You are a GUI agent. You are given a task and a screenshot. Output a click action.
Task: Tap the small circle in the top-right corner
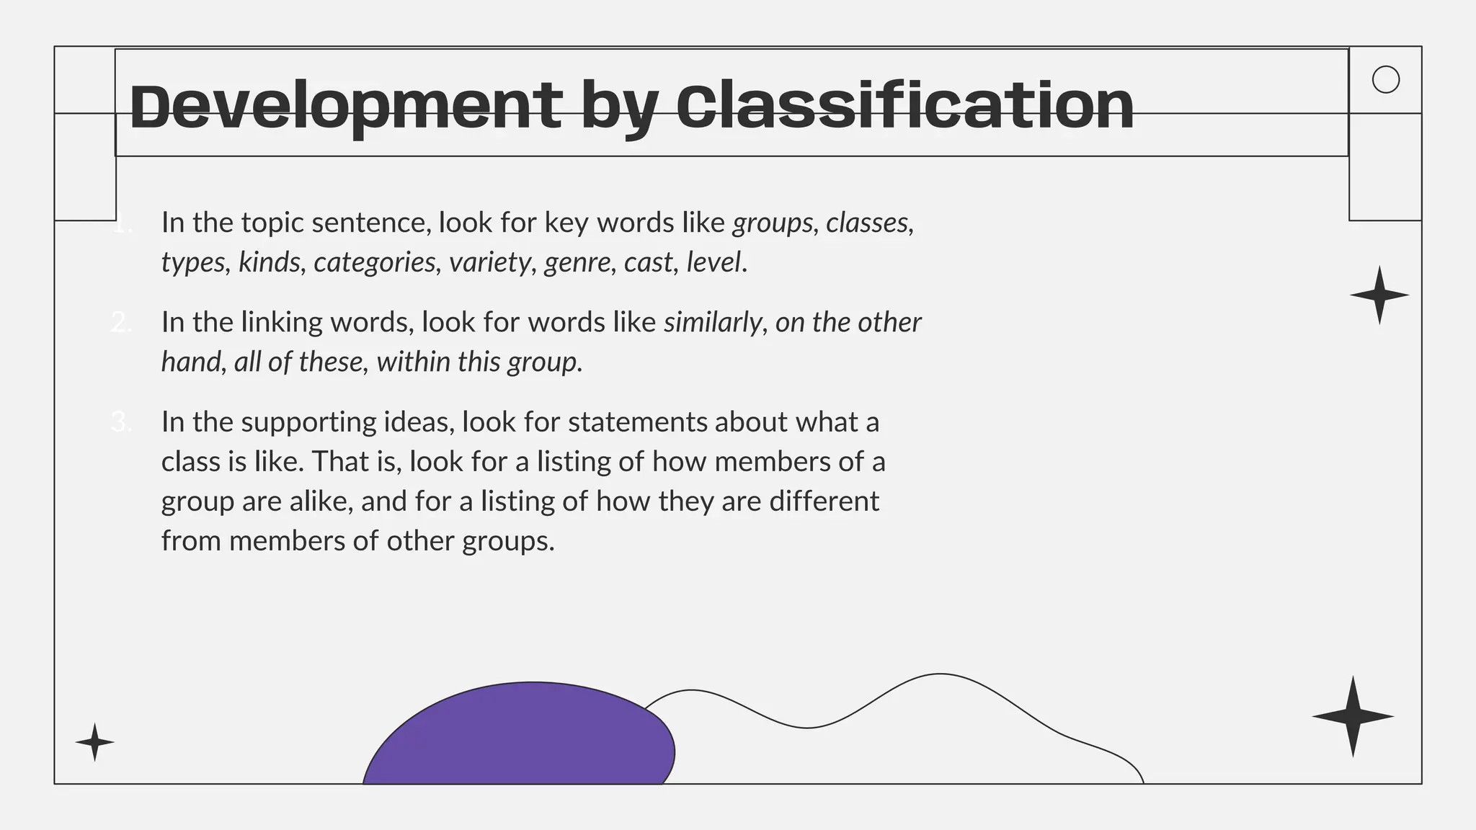pos(1385,79)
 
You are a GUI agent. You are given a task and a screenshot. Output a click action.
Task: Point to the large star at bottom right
pos(1353,716)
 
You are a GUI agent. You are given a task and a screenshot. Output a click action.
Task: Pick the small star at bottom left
pos(94,742)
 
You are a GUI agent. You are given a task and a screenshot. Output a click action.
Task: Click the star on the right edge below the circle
pos(1379,295)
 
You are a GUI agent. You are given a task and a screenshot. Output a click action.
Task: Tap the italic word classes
pos(867,223)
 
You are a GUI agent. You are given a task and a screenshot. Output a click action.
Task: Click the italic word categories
pos(375,262)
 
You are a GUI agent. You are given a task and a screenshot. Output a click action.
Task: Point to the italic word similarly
pos(712,322)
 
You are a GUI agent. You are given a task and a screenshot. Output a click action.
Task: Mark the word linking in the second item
pos(282,322)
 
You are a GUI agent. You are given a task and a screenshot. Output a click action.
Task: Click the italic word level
pos(713,262)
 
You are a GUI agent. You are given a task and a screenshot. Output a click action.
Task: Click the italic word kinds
pos(269,262)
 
